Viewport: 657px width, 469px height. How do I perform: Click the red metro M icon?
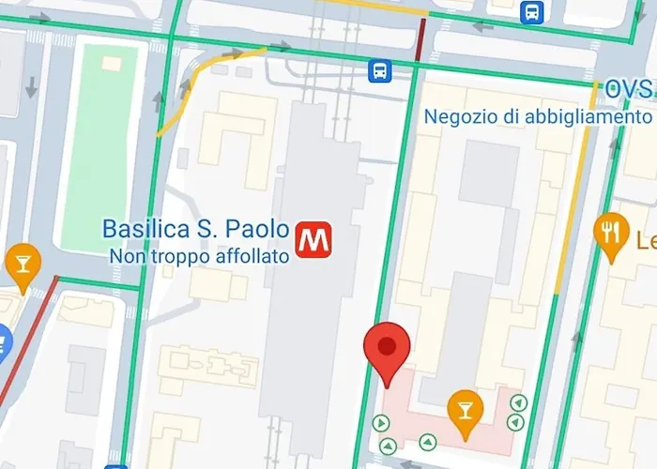313,240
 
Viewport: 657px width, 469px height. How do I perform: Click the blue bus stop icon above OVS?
533,11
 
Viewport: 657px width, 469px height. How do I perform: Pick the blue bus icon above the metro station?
379,70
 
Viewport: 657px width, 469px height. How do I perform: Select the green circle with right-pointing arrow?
382,423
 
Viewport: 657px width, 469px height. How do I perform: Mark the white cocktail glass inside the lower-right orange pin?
464,406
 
